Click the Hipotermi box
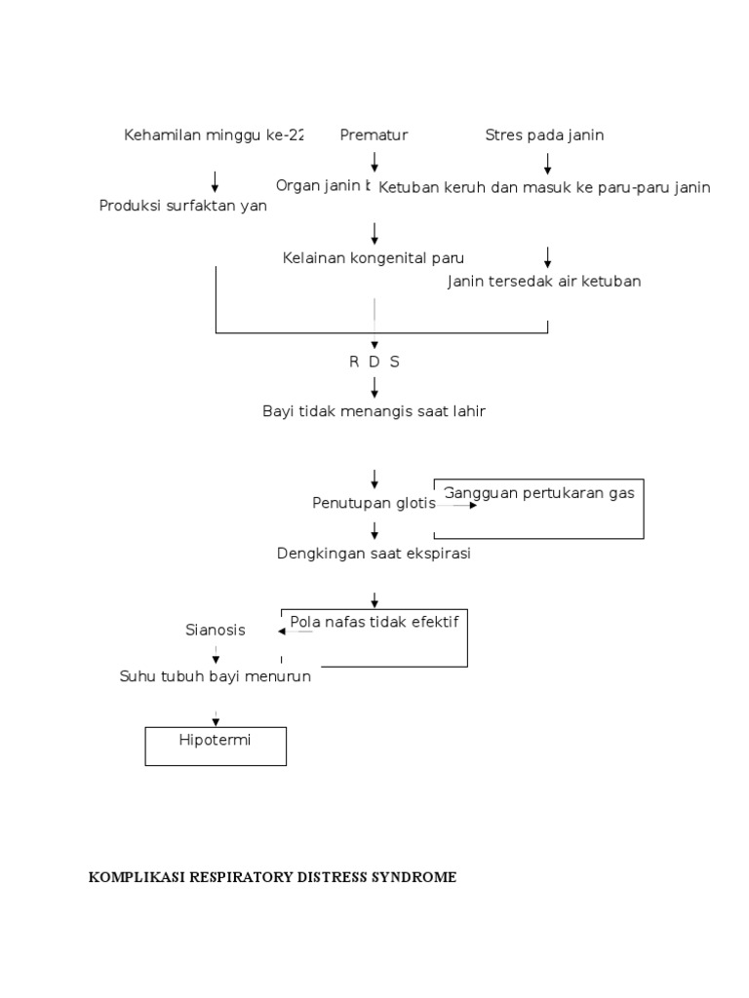(x=216, y=746)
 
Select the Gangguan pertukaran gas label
(x=539, y=493)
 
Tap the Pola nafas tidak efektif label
(x=374, y=621)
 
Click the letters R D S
(x=374, y=362)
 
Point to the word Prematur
(x=374, y=135)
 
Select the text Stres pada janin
(x=544, y=135)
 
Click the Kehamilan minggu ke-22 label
(x=214, y=135)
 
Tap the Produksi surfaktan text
(x=182, y=206)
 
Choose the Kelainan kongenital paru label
(x=374, y=258)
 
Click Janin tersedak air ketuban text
(x=544, y=282)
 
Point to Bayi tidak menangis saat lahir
(x=374, y=411)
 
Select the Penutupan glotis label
(x=374, y=503)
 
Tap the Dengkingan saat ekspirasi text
(x=374, y=554)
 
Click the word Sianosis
(x=216, y=631)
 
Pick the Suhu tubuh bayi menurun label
(x=216, y=676)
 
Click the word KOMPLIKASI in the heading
(x=136, y=877)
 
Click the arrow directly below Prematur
(x=374, y=161)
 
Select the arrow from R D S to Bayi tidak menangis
(x=374, y=386)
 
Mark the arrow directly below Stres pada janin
(x=547, y=161)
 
